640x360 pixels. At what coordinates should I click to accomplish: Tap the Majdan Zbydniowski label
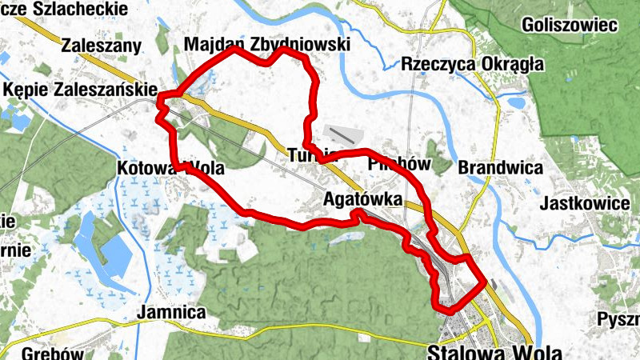tap(266, 45)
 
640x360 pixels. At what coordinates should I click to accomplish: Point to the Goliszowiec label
tap(569, 25)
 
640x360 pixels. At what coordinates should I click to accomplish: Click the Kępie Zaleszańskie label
tap(79, 90)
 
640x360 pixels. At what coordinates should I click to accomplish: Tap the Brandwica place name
tap(501, 168)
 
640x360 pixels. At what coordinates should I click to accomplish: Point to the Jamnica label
tap(172, 312)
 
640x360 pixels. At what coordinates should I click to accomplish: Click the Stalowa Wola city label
tap(495, 352)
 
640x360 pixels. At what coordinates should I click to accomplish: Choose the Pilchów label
tap(399, 165)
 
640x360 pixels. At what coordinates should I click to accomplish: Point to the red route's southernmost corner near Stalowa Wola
tap(448, 310)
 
